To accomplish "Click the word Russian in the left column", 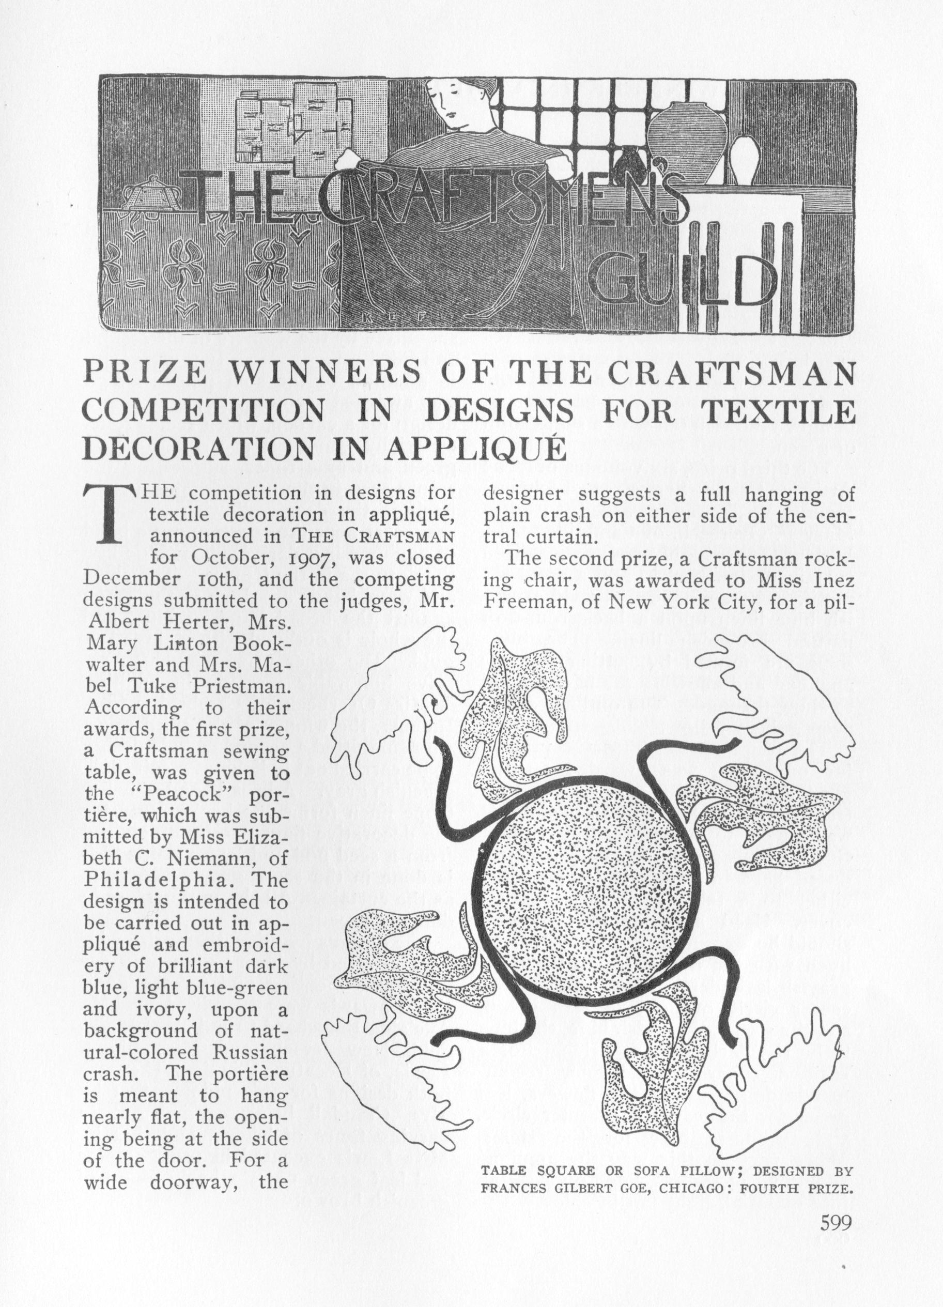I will (250, 1052).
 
